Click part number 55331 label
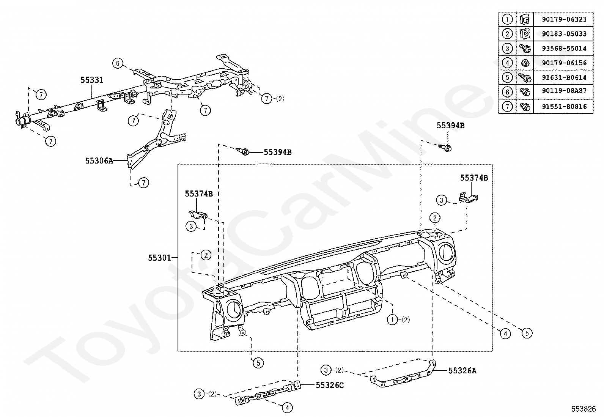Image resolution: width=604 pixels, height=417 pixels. click(92, 80)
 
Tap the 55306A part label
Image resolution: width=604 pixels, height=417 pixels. click(99, 161)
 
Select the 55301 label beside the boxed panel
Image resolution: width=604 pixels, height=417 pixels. click(159, 258)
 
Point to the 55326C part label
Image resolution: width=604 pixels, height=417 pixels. click(330, 385)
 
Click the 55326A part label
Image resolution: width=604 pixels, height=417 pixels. click(462, 371)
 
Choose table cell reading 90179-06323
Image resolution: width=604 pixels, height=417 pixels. click(564, 19)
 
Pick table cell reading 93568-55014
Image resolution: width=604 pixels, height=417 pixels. click(564, 49)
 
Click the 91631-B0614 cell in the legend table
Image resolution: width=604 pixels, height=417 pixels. click(564, 78)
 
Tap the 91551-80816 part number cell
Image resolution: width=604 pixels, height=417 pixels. click(564, 107)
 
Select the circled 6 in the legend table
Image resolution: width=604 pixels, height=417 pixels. click(507, 92)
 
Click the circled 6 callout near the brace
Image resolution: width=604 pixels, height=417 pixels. click(118, 63)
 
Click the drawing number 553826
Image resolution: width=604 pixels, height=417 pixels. click(584, 409)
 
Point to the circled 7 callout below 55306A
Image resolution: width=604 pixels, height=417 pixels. click(143, 183)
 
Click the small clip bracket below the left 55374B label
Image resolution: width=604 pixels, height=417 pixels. click(198, 215)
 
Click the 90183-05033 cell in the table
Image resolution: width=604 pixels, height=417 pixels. click(564, 34)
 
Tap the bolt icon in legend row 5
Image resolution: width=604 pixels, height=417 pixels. click(525, 78)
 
